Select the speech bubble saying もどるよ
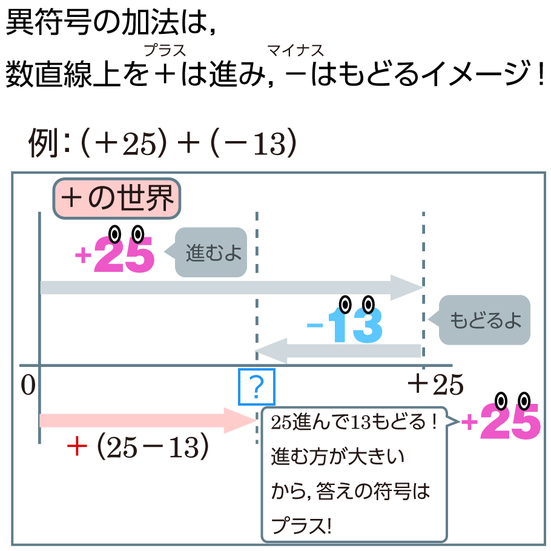485,320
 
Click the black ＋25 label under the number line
435,384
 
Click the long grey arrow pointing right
230,287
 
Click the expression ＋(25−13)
139,447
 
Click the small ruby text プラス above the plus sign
163,50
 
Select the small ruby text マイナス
295,50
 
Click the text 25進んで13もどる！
354,422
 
